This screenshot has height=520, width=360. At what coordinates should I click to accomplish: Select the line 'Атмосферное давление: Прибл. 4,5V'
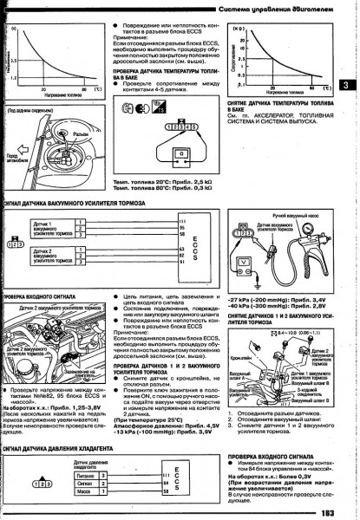coord(160,401)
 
